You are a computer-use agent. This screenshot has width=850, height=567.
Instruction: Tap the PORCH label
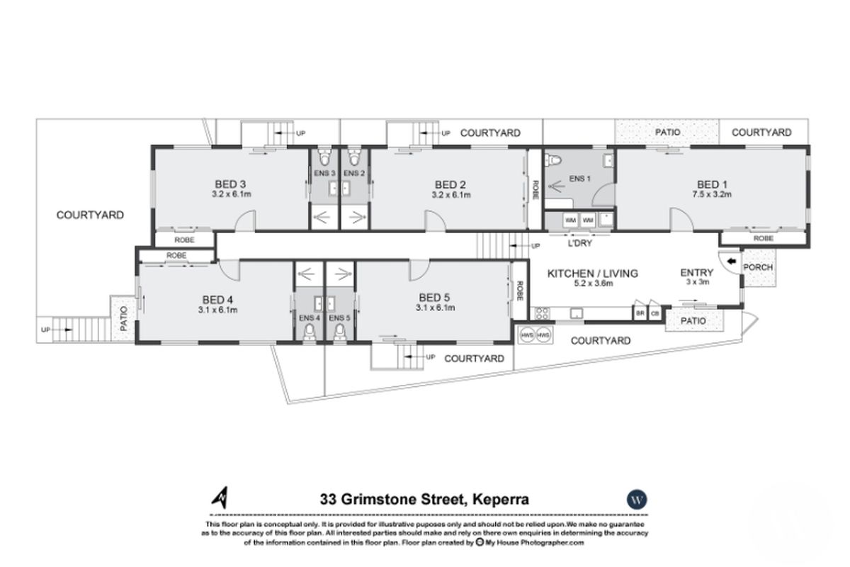[758, 267]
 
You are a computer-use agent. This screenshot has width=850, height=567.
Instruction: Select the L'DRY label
[579, 243]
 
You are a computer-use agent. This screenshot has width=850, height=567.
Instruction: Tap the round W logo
[637, 499]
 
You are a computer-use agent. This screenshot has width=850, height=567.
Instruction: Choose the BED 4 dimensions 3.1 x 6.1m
[217, 309]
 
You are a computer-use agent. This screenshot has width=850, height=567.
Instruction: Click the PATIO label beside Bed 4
[123, 319]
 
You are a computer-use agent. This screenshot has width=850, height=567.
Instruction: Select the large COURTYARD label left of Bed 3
[90, 215]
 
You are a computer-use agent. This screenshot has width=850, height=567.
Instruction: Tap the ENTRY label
[695, 271]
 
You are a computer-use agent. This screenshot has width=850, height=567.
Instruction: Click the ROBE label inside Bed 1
[763, 239]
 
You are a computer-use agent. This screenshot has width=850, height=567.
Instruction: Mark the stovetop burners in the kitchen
[543, 313]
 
